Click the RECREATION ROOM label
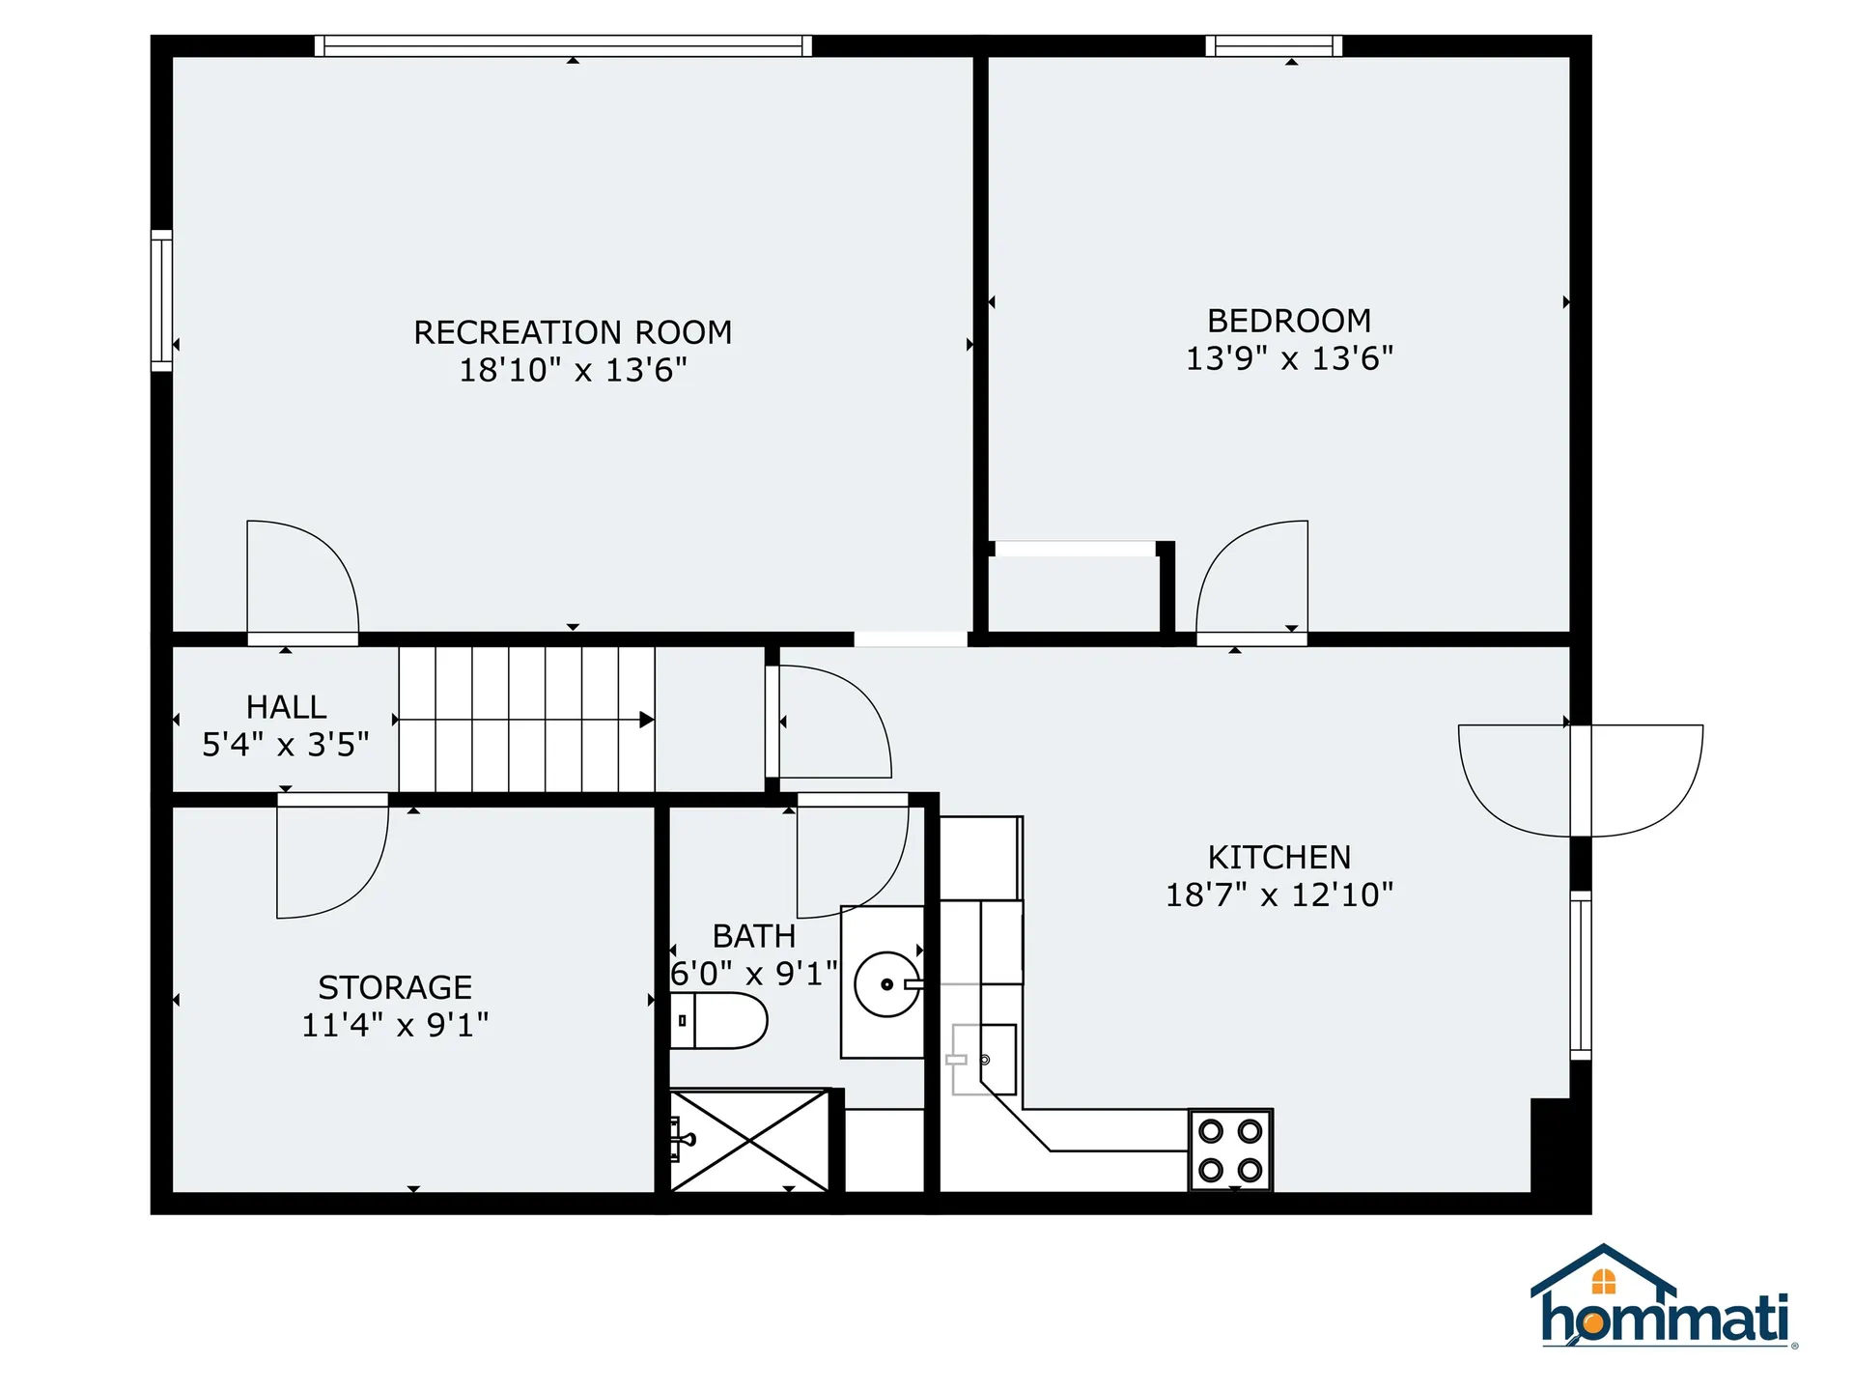pos(573,332)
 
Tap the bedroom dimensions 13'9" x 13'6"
pos(1289,358)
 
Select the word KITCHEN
pos(1278,857)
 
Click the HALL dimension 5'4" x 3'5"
pos(285,745)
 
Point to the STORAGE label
pos(395,987)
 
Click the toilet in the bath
pos(719,1020)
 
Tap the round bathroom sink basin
pos(886,984)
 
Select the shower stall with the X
pos(749,1141)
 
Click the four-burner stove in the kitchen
pos(1230,1150)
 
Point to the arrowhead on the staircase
pos(646,720)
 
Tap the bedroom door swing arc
pos(1251,580)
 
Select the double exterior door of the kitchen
pos(1581,781)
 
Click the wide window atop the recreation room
pos(563,45)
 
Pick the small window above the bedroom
pos(1274,45)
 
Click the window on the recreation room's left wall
pos(161,300)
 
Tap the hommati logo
pos(1664,1299)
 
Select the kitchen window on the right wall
pos(1580,975)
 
